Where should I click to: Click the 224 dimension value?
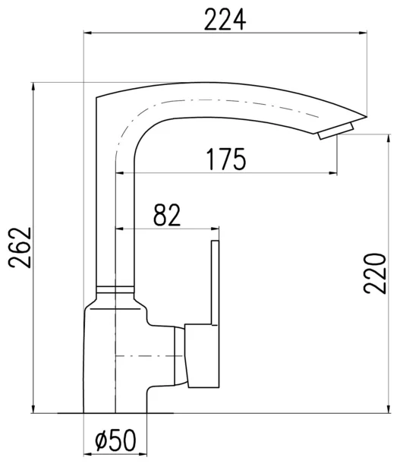[x=225, y=20]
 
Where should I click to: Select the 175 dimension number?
[x=226, y=159]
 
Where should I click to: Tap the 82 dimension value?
[x=167, y=215]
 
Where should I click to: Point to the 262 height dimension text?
[x=20, y=248]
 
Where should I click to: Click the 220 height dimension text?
[x=375, y=273]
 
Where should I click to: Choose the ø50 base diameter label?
[x=115, y=440]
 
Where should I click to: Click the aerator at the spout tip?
[x=335, y=131]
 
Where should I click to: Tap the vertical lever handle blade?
[x=216, y=283]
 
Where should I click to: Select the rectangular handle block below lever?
[x=202, y=355]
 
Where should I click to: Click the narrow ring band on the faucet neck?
[x=115, y=289]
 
